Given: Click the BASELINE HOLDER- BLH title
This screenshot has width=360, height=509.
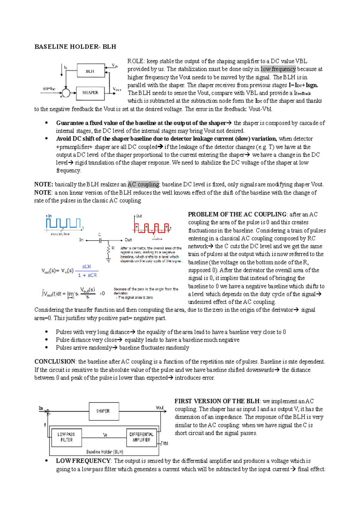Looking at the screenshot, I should pyautogui.click(x=75, y=47).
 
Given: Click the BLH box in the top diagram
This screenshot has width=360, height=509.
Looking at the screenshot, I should pyautogui.click(x=90, y=71).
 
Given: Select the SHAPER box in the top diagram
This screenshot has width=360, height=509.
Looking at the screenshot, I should pyautogui.click(x=90, y=93).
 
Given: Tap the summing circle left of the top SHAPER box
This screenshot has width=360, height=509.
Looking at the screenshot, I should pyautogui.click(x=66, y=93).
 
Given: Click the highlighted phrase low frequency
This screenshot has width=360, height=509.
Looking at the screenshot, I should pyautogui.click(x=278, y=69).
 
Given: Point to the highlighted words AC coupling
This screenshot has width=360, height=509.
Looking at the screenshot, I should pyautogui.click(x=143, y=185).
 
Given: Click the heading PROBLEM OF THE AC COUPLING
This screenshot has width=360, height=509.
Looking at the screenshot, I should pyautogui.click(x=237, y=214).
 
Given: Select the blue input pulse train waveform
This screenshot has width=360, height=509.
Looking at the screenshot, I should pyautogui.click(x=63, y=224).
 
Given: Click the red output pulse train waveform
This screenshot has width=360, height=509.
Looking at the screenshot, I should pyautogui.click(x=151, y=228).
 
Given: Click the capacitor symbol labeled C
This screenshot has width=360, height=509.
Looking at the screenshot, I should pyautogui.click(x=100, y=240).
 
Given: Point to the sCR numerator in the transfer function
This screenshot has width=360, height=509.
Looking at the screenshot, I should pyautogui.click(x=86, y=266).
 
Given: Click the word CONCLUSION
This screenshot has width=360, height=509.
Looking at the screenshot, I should pyautogui.click(x=55, y=362).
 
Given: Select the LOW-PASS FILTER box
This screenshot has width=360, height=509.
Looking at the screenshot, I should pyautogui.click(x=66, y=437).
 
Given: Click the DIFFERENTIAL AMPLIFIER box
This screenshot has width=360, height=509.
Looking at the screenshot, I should pyautogui.click(x=141, y=437).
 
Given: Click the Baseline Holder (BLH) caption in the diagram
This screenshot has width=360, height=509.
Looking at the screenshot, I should pyautogui.click(x=105, y=452).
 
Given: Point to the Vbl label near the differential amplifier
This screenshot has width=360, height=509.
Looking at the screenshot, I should pyautogui.click(x=165, y=443).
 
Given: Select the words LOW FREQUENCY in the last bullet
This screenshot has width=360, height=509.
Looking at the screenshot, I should pyautogui.click(x=83, y=461).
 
